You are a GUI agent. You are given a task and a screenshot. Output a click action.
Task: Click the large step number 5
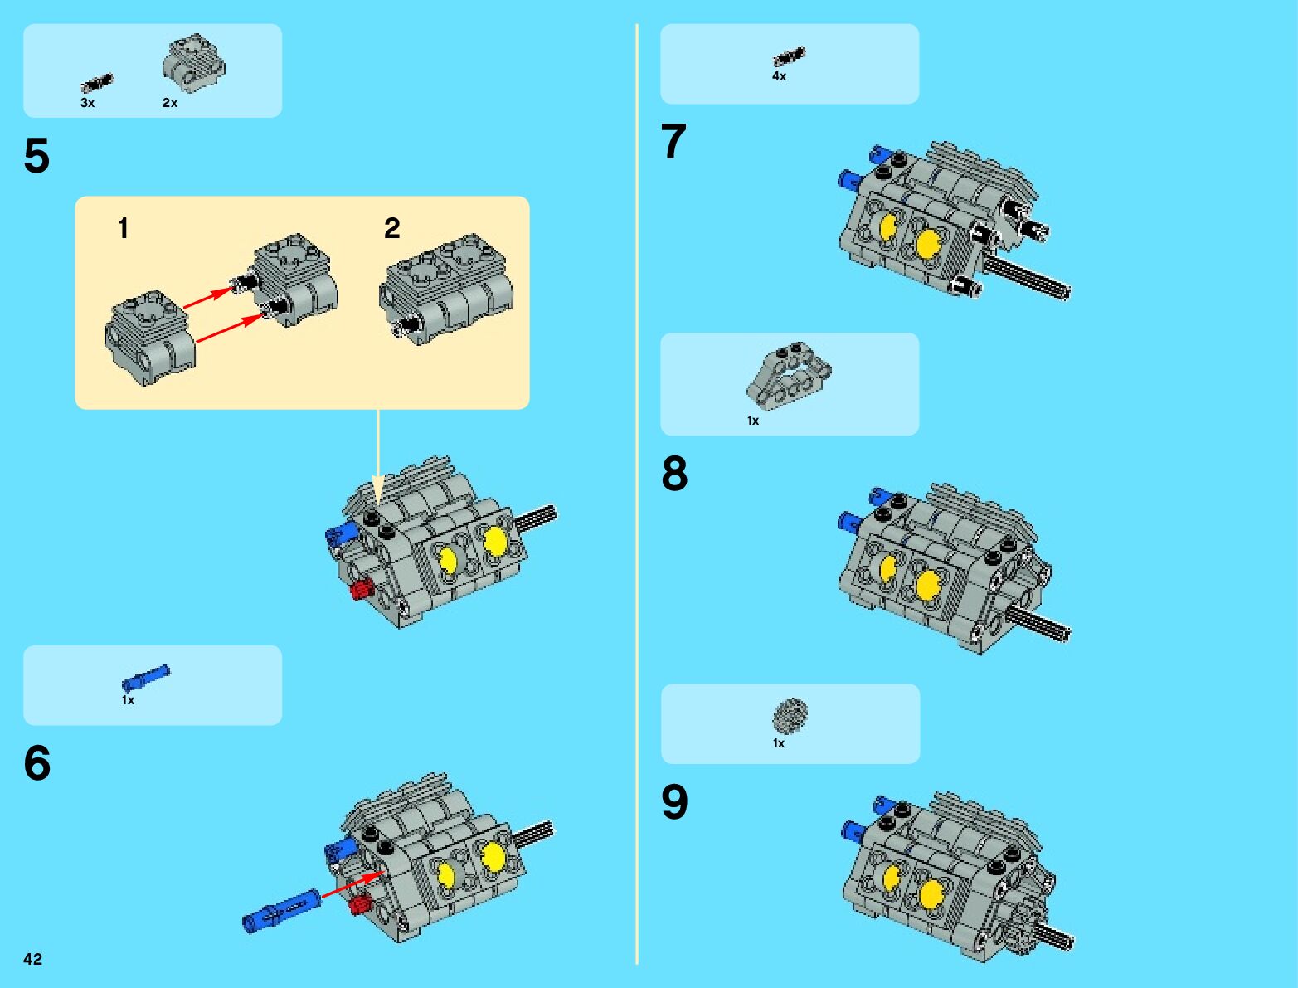point(36,155)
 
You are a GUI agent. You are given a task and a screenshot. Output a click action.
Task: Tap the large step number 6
point(37,762)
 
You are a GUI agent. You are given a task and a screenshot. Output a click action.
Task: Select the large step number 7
point(673,141)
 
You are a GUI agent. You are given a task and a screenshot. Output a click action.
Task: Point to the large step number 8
point(675,473)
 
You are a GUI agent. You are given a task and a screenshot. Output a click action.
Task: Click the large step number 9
point(675,801)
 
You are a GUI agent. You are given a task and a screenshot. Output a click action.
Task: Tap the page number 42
point(32,959)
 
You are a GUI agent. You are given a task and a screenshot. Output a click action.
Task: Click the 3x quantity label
point(88,103)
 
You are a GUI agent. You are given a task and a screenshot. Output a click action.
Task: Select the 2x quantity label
point(170,103)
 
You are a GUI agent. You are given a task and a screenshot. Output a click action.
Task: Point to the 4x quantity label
point(779,76)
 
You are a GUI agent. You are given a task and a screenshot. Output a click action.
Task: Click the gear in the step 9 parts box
point(790,715)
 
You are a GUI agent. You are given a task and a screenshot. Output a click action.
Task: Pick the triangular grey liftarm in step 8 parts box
point(789,376)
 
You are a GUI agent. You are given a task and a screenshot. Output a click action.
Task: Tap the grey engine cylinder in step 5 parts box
point(193,63)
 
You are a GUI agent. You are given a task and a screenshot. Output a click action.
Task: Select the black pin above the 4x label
point(789,56)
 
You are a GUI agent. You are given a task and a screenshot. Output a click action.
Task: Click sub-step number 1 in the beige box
point(123,228)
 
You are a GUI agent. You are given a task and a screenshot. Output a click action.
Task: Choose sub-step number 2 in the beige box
point(392,228)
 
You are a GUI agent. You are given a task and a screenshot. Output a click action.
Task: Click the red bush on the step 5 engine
point(361,590)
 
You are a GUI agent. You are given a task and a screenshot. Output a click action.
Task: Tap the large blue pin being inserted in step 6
point(281,911)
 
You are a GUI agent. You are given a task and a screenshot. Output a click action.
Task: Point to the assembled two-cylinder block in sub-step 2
point(446,290)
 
